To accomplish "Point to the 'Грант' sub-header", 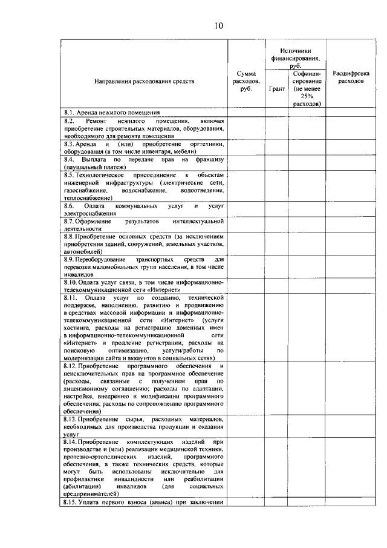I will pos(276,88).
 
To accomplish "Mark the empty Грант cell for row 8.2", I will pos(276,128).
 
